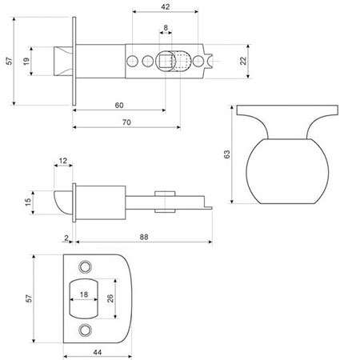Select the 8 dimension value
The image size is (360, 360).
(166, 30)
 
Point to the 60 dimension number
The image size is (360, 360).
(118, 106)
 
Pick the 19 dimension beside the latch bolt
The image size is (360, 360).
(26, 62)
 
